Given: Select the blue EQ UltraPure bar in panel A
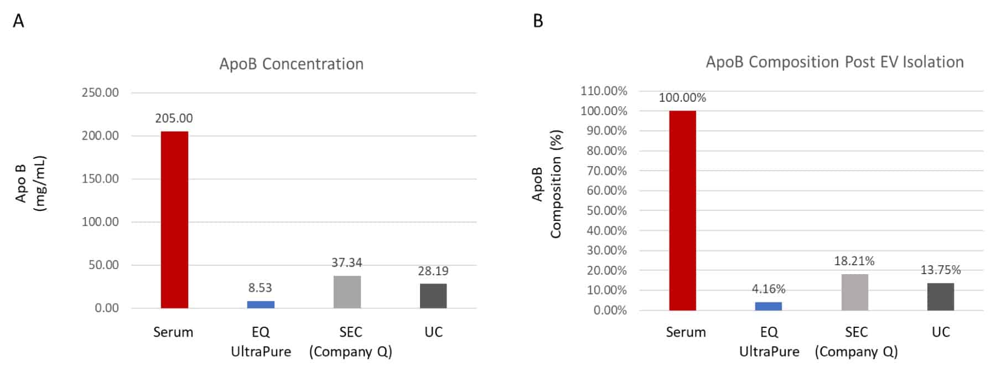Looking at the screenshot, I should (261, 305).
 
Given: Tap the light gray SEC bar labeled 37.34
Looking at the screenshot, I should (347, 292).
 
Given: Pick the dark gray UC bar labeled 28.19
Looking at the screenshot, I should (433, 296).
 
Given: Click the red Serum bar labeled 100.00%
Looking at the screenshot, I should (682, 210).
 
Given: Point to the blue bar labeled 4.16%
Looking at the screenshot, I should (769, 306).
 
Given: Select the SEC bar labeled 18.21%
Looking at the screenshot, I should (855, 292).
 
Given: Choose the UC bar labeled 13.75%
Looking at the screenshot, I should (941, 297).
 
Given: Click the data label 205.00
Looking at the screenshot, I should (174, 118).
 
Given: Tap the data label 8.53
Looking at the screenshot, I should (260, 287).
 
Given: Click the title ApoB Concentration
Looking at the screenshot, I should (292, 64).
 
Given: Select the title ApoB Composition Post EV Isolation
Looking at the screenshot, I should (834, 61).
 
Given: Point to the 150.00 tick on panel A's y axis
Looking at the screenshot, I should (100, 178).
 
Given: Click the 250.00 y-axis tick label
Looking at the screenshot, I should (100, 92).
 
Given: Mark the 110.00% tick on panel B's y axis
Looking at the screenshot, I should (604, 90).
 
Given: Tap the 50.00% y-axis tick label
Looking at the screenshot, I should (606, 210).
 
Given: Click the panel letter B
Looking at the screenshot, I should (538, 21).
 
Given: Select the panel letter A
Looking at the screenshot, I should (18, 21).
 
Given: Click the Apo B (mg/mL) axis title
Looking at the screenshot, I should (30, 183).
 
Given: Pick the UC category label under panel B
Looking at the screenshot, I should (941, 332).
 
